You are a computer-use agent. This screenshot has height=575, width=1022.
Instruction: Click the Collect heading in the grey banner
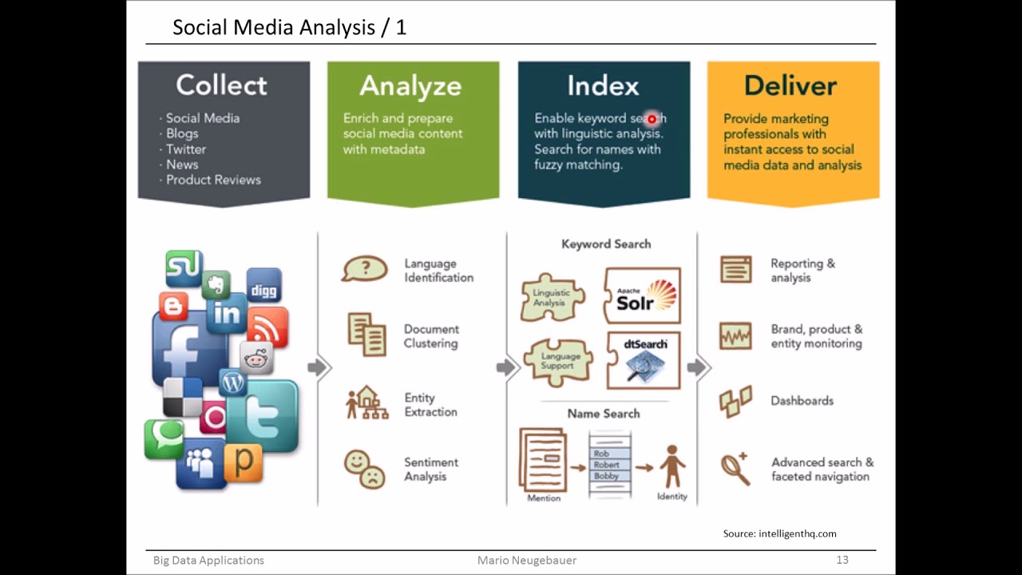(221, 85)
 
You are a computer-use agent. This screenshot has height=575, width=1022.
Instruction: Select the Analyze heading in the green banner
(410, 85)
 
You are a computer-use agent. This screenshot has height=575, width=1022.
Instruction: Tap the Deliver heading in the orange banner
(790, 85)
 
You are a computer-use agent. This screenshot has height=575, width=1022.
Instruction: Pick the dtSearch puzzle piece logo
(644, 359)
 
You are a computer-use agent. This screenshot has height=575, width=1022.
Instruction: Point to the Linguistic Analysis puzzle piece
(552, 297)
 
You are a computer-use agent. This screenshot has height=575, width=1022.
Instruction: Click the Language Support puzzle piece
(557, 361)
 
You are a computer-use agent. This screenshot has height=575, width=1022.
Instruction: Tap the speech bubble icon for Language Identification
(364, 269)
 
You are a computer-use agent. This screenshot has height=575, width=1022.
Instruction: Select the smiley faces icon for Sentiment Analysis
(364, 469)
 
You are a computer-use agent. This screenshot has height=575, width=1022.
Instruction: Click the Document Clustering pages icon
(366, 335)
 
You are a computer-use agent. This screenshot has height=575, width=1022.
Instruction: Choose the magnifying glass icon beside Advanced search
(735, 469)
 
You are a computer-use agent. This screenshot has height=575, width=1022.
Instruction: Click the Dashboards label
(802, 401)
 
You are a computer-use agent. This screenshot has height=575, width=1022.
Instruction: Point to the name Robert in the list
(607, 465)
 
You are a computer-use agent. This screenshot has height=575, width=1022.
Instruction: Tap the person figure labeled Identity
(671, 466)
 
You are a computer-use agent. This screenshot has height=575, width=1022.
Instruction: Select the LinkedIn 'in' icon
(226, 314)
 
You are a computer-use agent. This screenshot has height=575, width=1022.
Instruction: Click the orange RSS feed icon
(267, 326)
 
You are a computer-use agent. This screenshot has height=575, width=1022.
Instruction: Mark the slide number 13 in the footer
(842, 560)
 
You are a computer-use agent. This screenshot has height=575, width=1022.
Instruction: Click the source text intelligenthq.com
(780, 533)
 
